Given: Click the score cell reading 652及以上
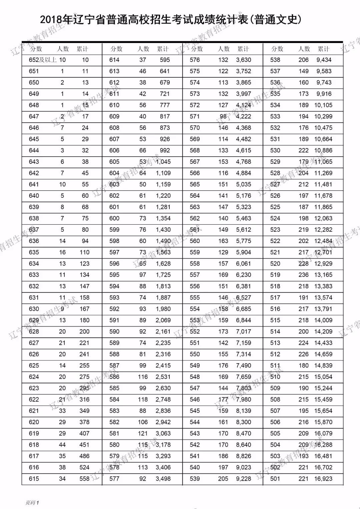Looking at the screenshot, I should tap(43, 60).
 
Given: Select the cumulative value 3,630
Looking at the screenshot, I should tap(243, 60).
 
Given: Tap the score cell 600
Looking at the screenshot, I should tap(114, 218).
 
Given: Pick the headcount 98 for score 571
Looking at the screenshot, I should tap(223, 116).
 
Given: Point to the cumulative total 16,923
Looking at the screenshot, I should tap(323, 479).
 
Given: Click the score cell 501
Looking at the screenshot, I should tap(275, 479).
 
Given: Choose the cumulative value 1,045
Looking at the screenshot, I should tap(163, 162).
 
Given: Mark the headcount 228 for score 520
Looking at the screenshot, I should tap(303, 264).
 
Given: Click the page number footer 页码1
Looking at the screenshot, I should tap(32, 502).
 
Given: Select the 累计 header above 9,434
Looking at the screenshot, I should tap(323, 49).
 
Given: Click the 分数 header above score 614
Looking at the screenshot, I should tap(116, 49).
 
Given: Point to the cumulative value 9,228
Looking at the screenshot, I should tap(243, 479).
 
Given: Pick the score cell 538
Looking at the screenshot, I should tap(275, 60).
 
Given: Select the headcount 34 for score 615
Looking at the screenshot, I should tap(62, 479).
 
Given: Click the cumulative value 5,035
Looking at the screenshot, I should tap(243, 184).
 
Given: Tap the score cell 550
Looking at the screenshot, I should tap(195, 354).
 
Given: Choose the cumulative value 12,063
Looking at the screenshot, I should tap(323, 218).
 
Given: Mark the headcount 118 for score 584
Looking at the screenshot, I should tap(143, 399).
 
